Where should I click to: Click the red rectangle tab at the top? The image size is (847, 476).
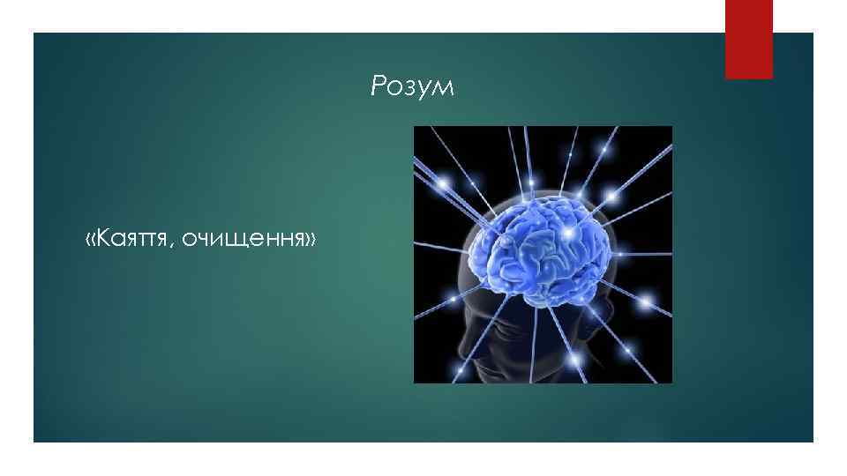tap(748, 39)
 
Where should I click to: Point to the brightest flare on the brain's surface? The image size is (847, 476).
tap(568, 231)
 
